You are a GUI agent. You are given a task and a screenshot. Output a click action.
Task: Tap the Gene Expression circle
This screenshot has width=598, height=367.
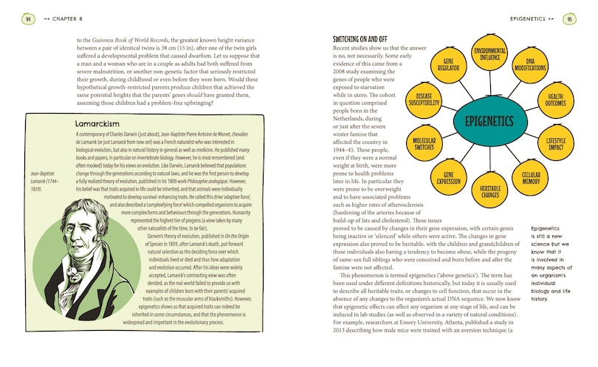click(x=448, y=177)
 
